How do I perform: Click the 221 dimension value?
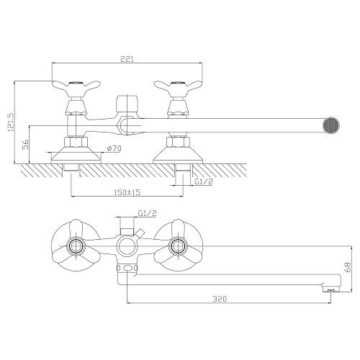point(127,59)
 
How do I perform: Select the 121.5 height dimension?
point(11,122)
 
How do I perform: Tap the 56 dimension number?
point(26,144)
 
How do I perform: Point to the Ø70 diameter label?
point(114,148)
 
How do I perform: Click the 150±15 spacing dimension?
point(127,192)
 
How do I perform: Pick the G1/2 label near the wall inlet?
point(204,181)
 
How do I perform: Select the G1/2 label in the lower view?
point(148,213)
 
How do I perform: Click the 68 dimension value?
point(348,267)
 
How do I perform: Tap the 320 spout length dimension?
point(220,299)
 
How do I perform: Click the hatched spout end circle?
point(331,125)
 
